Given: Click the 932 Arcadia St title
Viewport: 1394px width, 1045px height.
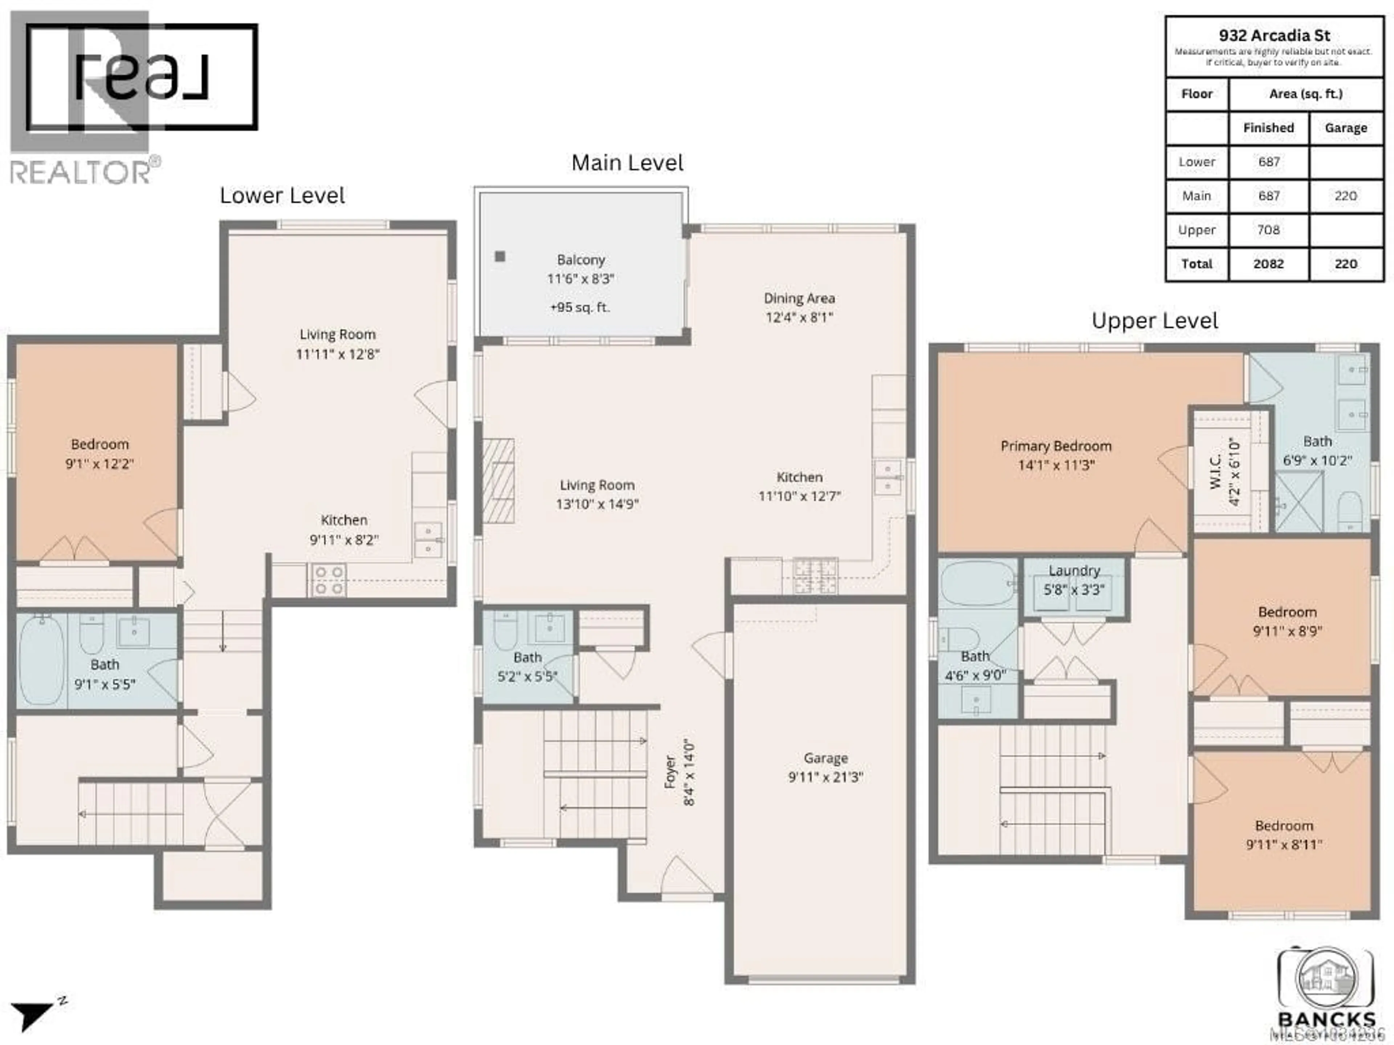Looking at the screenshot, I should click(x=1274, y=35).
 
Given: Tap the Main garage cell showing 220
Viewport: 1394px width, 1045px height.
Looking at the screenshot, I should click(x=1345, y=196).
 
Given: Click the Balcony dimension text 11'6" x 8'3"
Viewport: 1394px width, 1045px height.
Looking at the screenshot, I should click(x=580, y=278).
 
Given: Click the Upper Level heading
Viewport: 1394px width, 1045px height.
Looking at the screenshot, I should click(x=1154, y=321).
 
